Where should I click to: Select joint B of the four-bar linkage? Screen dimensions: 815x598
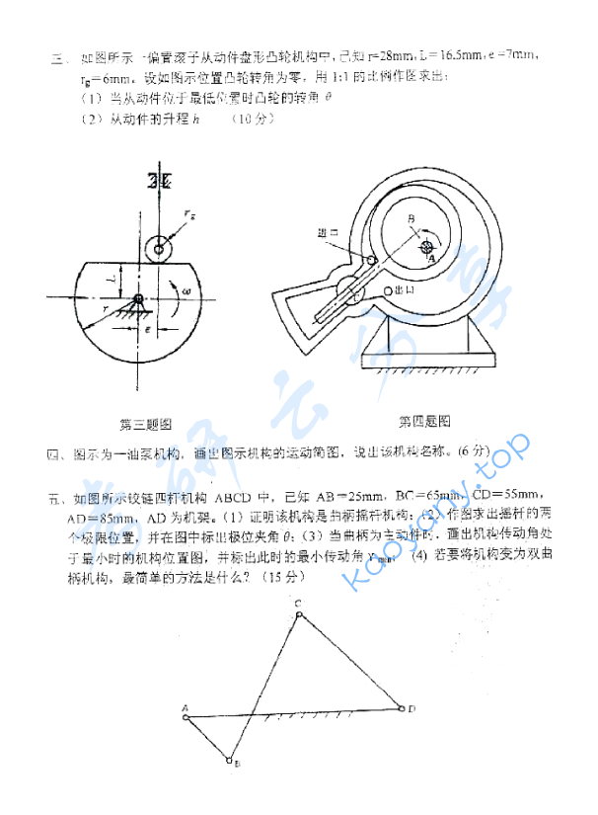(230, 761)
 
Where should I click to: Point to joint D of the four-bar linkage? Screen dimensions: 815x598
(401, 707)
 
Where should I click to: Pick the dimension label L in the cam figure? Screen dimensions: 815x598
(113, 280)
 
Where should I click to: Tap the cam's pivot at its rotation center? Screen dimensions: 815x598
(139, 298)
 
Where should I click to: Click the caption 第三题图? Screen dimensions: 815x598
(146, 425)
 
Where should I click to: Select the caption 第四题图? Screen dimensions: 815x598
(425, 422)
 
